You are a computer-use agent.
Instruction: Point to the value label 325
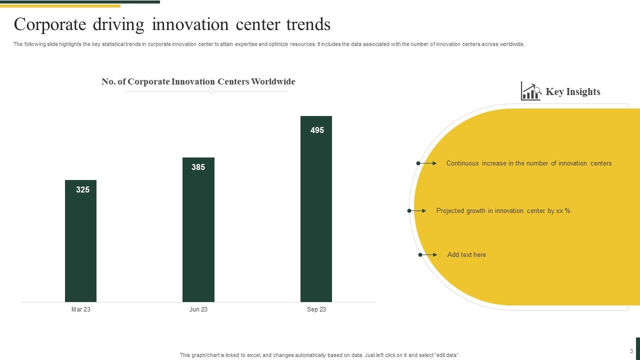click(82, 189)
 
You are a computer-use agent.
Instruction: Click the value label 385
click(198, 167)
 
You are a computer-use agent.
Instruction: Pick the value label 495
click(317, 130)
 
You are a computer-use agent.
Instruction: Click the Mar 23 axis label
click(81, 309)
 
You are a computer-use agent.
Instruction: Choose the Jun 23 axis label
click(198, 309)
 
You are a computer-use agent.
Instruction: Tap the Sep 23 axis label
click(316, 309)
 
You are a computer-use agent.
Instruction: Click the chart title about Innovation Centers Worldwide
click(198, 81)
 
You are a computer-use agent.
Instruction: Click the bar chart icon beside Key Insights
click(530, 91)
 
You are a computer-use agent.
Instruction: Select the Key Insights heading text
click(572, 91)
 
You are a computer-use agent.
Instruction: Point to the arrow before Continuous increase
click(426, 163)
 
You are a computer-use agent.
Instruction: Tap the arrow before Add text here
click(427, 255)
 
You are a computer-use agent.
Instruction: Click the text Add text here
click(466, 255)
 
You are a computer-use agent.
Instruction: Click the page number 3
click(631, 351)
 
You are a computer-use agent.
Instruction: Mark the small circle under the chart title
click(211, 91)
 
